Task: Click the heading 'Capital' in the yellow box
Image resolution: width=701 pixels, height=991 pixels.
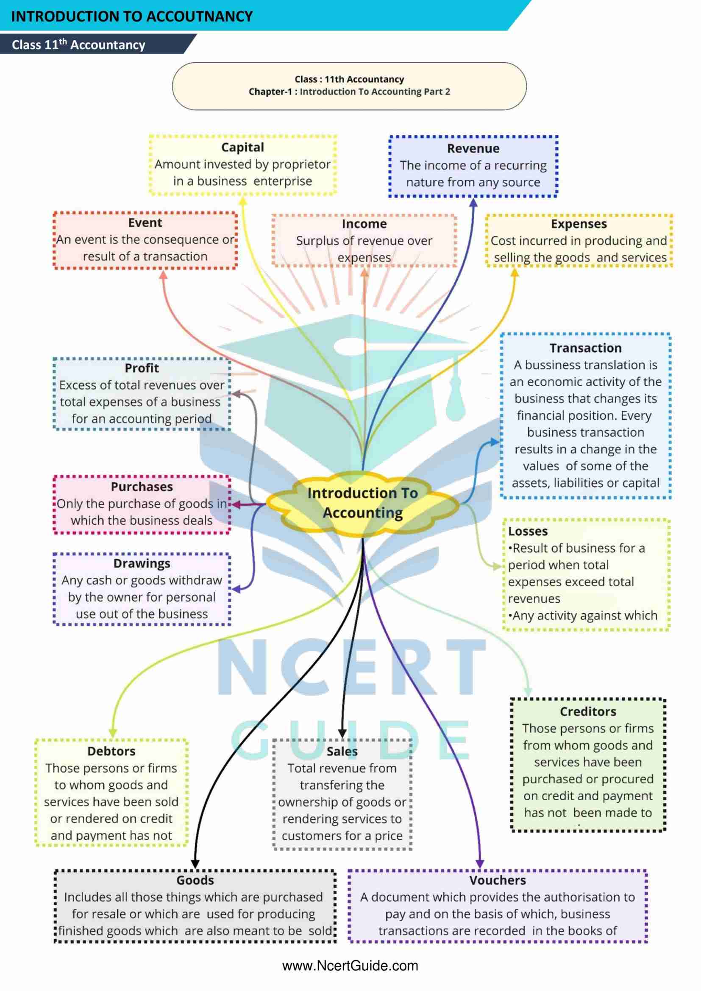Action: point(242,147)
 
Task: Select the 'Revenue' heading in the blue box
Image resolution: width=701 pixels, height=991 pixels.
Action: point(473,148)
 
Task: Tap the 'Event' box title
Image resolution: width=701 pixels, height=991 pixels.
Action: point(145,223)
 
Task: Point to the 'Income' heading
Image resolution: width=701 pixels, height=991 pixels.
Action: point(364,224)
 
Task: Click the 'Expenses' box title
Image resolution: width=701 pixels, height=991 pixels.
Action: point(579,224)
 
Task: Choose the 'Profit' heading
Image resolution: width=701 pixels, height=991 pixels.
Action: point(142,368)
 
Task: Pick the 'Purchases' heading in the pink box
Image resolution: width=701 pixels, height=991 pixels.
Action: point(142,487)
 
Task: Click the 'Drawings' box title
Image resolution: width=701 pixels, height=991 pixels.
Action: point(142,564)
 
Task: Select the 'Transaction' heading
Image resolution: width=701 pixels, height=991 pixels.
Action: point(585,348)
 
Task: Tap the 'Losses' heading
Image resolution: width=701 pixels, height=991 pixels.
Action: point(528,532)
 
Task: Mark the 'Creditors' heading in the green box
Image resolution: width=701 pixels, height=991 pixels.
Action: point(588,712)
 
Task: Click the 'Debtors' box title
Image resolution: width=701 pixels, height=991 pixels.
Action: point(111,752)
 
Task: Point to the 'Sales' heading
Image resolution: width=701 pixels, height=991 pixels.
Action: point(342,752)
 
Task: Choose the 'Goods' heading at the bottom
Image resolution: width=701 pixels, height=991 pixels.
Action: point(195,880)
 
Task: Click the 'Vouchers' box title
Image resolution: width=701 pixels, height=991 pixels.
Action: point(498,880)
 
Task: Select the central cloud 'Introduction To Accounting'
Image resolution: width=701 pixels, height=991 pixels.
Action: point(363,503)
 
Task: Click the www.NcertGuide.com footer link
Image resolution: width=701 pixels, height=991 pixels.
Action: point(350,966)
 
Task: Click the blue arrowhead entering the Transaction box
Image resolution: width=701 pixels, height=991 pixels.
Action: point(495,442)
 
